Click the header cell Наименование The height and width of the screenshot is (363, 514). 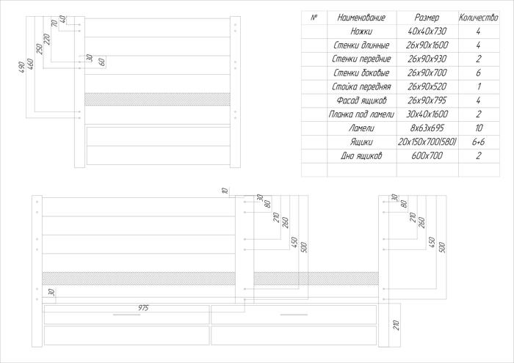362,18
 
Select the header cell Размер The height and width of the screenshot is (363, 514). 427,18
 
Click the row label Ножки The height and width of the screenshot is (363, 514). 362,32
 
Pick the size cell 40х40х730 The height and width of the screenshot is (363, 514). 427,32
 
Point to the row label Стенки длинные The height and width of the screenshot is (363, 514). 362,45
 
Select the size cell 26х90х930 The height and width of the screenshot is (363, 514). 427,59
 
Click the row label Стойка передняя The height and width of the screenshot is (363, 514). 362,87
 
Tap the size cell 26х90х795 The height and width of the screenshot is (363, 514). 427,100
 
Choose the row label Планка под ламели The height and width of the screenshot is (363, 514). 362,114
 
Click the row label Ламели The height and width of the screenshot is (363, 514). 362,128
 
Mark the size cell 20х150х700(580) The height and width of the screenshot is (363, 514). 427,142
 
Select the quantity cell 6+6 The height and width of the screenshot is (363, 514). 478,142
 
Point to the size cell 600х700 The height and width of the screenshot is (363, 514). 427,156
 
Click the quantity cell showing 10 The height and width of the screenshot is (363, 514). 478,128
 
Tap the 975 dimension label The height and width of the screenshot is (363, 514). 143,308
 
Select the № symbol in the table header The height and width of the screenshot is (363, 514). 314,18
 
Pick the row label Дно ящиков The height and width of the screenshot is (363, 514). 362,156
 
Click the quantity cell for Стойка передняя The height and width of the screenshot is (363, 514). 478,87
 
